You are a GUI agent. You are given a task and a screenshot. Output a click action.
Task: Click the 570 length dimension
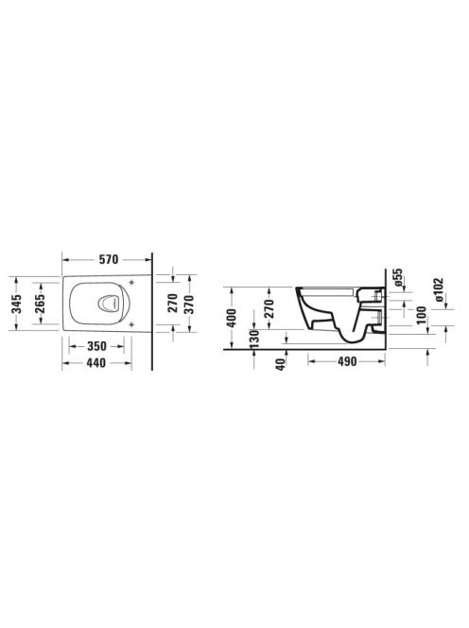[x=109, y=259]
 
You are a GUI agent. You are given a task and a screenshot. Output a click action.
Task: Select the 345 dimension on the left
[x=16, y=304]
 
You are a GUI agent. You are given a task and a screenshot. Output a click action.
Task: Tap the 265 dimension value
[x=40, y=304]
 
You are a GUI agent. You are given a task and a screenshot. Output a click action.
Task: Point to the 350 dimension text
[x=96, y=346]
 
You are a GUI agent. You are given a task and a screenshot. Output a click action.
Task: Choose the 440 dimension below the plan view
[x=96, y=363]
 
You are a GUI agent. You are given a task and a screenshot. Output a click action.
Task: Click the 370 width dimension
[x=189, y=304]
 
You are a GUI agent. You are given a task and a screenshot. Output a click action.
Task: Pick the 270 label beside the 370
[x=173, y=304]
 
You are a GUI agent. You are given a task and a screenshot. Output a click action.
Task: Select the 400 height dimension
[x=232, y=318]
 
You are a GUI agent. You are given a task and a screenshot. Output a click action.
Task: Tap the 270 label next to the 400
[x=269, y=308]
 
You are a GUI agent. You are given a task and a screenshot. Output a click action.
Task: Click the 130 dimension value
[x=254, y=340]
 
